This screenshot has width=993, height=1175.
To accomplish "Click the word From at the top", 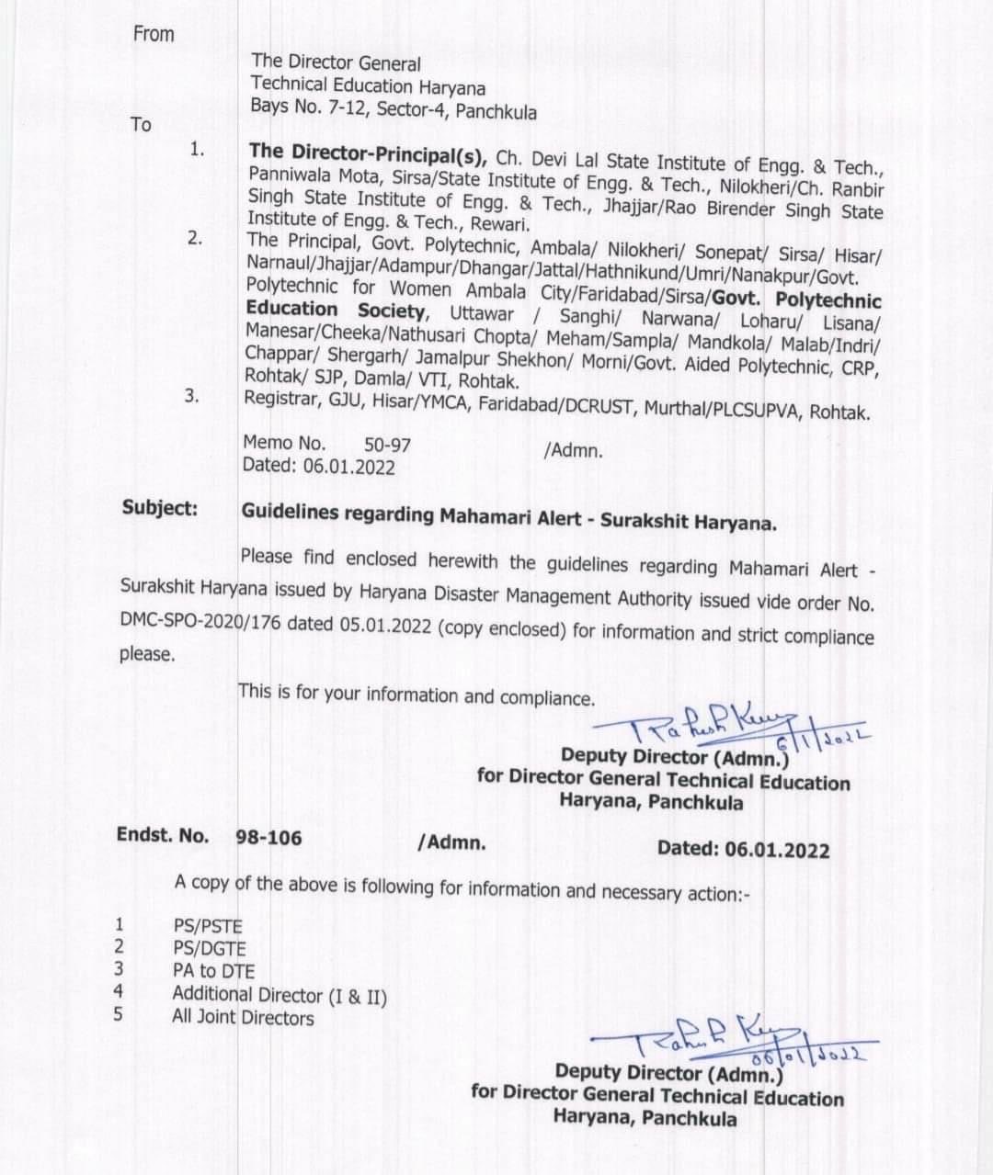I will click(x=154, y=34).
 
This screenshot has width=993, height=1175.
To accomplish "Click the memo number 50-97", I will click(x=387, y=445).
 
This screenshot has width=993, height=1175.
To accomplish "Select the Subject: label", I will click(x=160, y=507).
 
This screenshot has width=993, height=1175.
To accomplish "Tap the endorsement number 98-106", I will click(x=268, y=837).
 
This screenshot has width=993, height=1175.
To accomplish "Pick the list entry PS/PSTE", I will click(x=208, y=926).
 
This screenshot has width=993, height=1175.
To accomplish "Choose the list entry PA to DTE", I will click(x=213, y=971).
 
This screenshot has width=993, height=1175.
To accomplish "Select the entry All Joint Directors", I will click(x=243, y=1017).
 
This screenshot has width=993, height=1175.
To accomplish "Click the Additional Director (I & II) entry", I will click(x=280, y=995).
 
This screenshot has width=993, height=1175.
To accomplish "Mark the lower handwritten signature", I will click(x=726, y=1043).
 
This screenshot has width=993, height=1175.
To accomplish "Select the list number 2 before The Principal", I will click(x=195, y=238).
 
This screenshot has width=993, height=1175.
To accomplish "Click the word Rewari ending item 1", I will click(x=501, y=225).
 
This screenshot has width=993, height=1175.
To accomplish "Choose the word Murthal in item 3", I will click(x=667, y=407).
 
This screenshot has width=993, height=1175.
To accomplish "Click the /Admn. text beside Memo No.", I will click(x=574, y=450).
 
